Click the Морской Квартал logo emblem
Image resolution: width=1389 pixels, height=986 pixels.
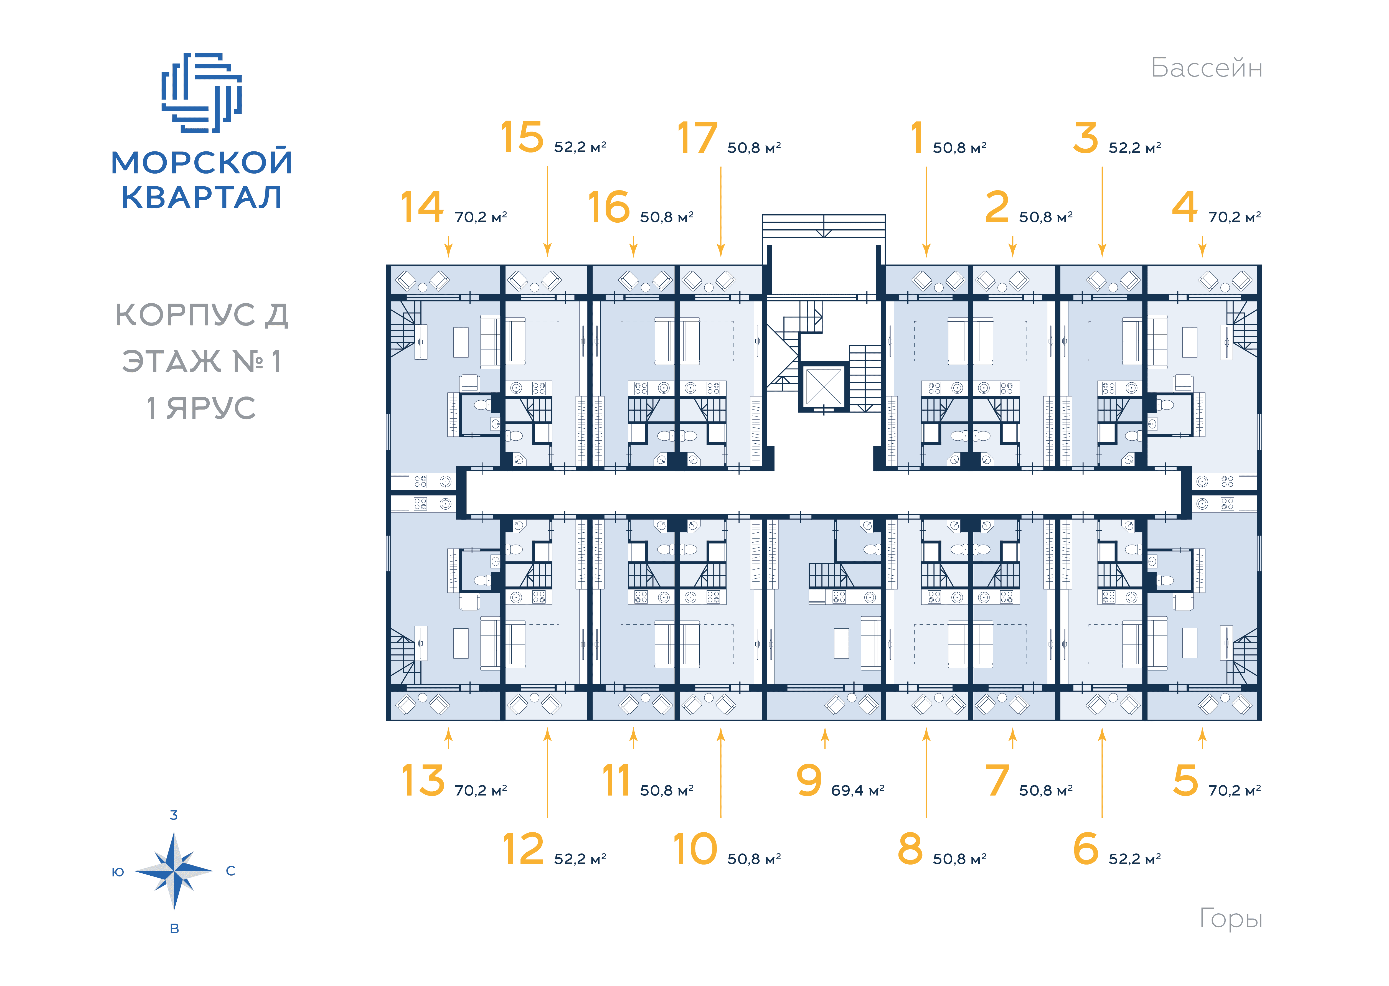(202, 92)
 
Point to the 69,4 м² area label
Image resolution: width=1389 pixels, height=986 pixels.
(857, 790)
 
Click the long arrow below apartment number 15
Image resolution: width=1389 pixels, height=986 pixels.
(548, 211)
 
